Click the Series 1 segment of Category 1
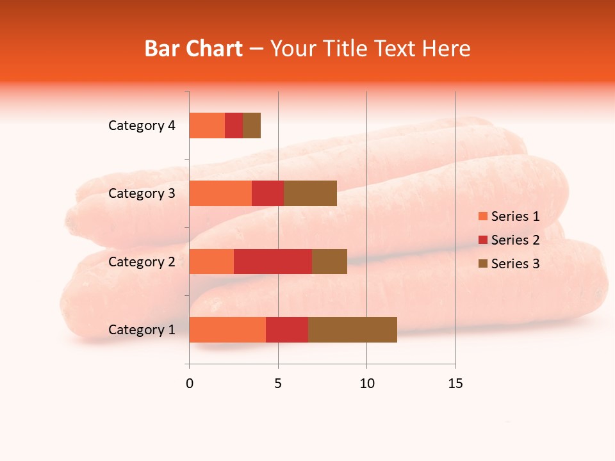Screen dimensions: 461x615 227,330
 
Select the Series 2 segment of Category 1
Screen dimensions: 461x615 287,330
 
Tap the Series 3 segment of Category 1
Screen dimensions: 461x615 352,330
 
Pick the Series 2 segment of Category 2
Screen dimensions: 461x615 273,261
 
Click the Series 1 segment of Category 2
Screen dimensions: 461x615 211,261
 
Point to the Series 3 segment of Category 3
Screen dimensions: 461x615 310,193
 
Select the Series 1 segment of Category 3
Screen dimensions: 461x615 220,193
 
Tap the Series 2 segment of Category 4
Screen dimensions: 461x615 234,125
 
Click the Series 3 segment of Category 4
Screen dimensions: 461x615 252,125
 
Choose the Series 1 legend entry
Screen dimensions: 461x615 509,216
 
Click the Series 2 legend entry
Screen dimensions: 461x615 509,240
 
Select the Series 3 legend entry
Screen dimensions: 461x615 509,264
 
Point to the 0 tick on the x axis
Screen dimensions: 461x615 190,384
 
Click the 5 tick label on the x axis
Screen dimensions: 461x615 278,384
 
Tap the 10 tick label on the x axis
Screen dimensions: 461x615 366,384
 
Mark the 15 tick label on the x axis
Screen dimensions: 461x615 455,384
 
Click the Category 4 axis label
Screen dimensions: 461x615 142,125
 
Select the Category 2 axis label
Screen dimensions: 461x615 142,261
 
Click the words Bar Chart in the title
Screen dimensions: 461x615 193,49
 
